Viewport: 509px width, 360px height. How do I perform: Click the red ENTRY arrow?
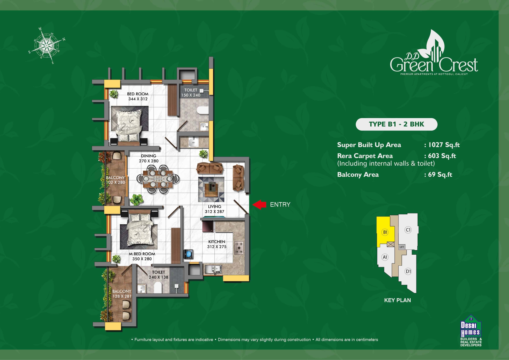259,205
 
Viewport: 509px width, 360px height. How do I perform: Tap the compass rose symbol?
47,46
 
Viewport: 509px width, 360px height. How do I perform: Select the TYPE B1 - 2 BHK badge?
396,124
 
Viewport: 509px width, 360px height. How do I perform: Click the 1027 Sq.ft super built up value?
444,145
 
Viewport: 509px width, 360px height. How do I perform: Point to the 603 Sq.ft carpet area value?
442,156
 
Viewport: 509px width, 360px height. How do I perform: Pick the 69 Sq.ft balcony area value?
440,174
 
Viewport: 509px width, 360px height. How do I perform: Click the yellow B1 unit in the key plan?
384,231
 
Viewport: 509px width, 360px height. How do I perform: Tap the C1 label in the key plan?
408,230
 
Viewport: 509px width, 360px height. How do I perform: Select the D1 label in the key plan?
408,272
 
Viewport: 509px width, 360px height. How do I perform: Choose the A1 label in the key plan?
385,257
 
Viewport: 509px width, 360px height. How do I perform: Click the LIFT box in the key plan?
402,247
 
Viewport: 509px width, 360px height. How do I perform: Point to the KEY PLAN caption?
397,300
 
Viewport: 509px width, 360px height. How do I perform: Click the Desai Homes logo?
471,330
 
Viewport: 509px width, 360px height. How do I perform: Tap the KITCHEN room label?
216,242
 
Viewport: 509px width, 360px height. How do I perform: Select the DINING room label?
149,156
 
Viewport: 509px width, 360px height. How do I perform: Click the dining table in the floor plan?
158,179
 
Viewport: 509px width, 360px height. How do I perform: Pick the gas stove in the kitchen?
239,248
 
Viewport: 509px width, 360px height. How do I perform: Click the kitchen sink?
213,269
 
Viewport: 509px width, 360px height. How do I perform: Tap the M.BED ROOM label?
142,254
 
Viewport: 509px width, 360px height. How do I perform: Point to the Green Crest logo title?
434,64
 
